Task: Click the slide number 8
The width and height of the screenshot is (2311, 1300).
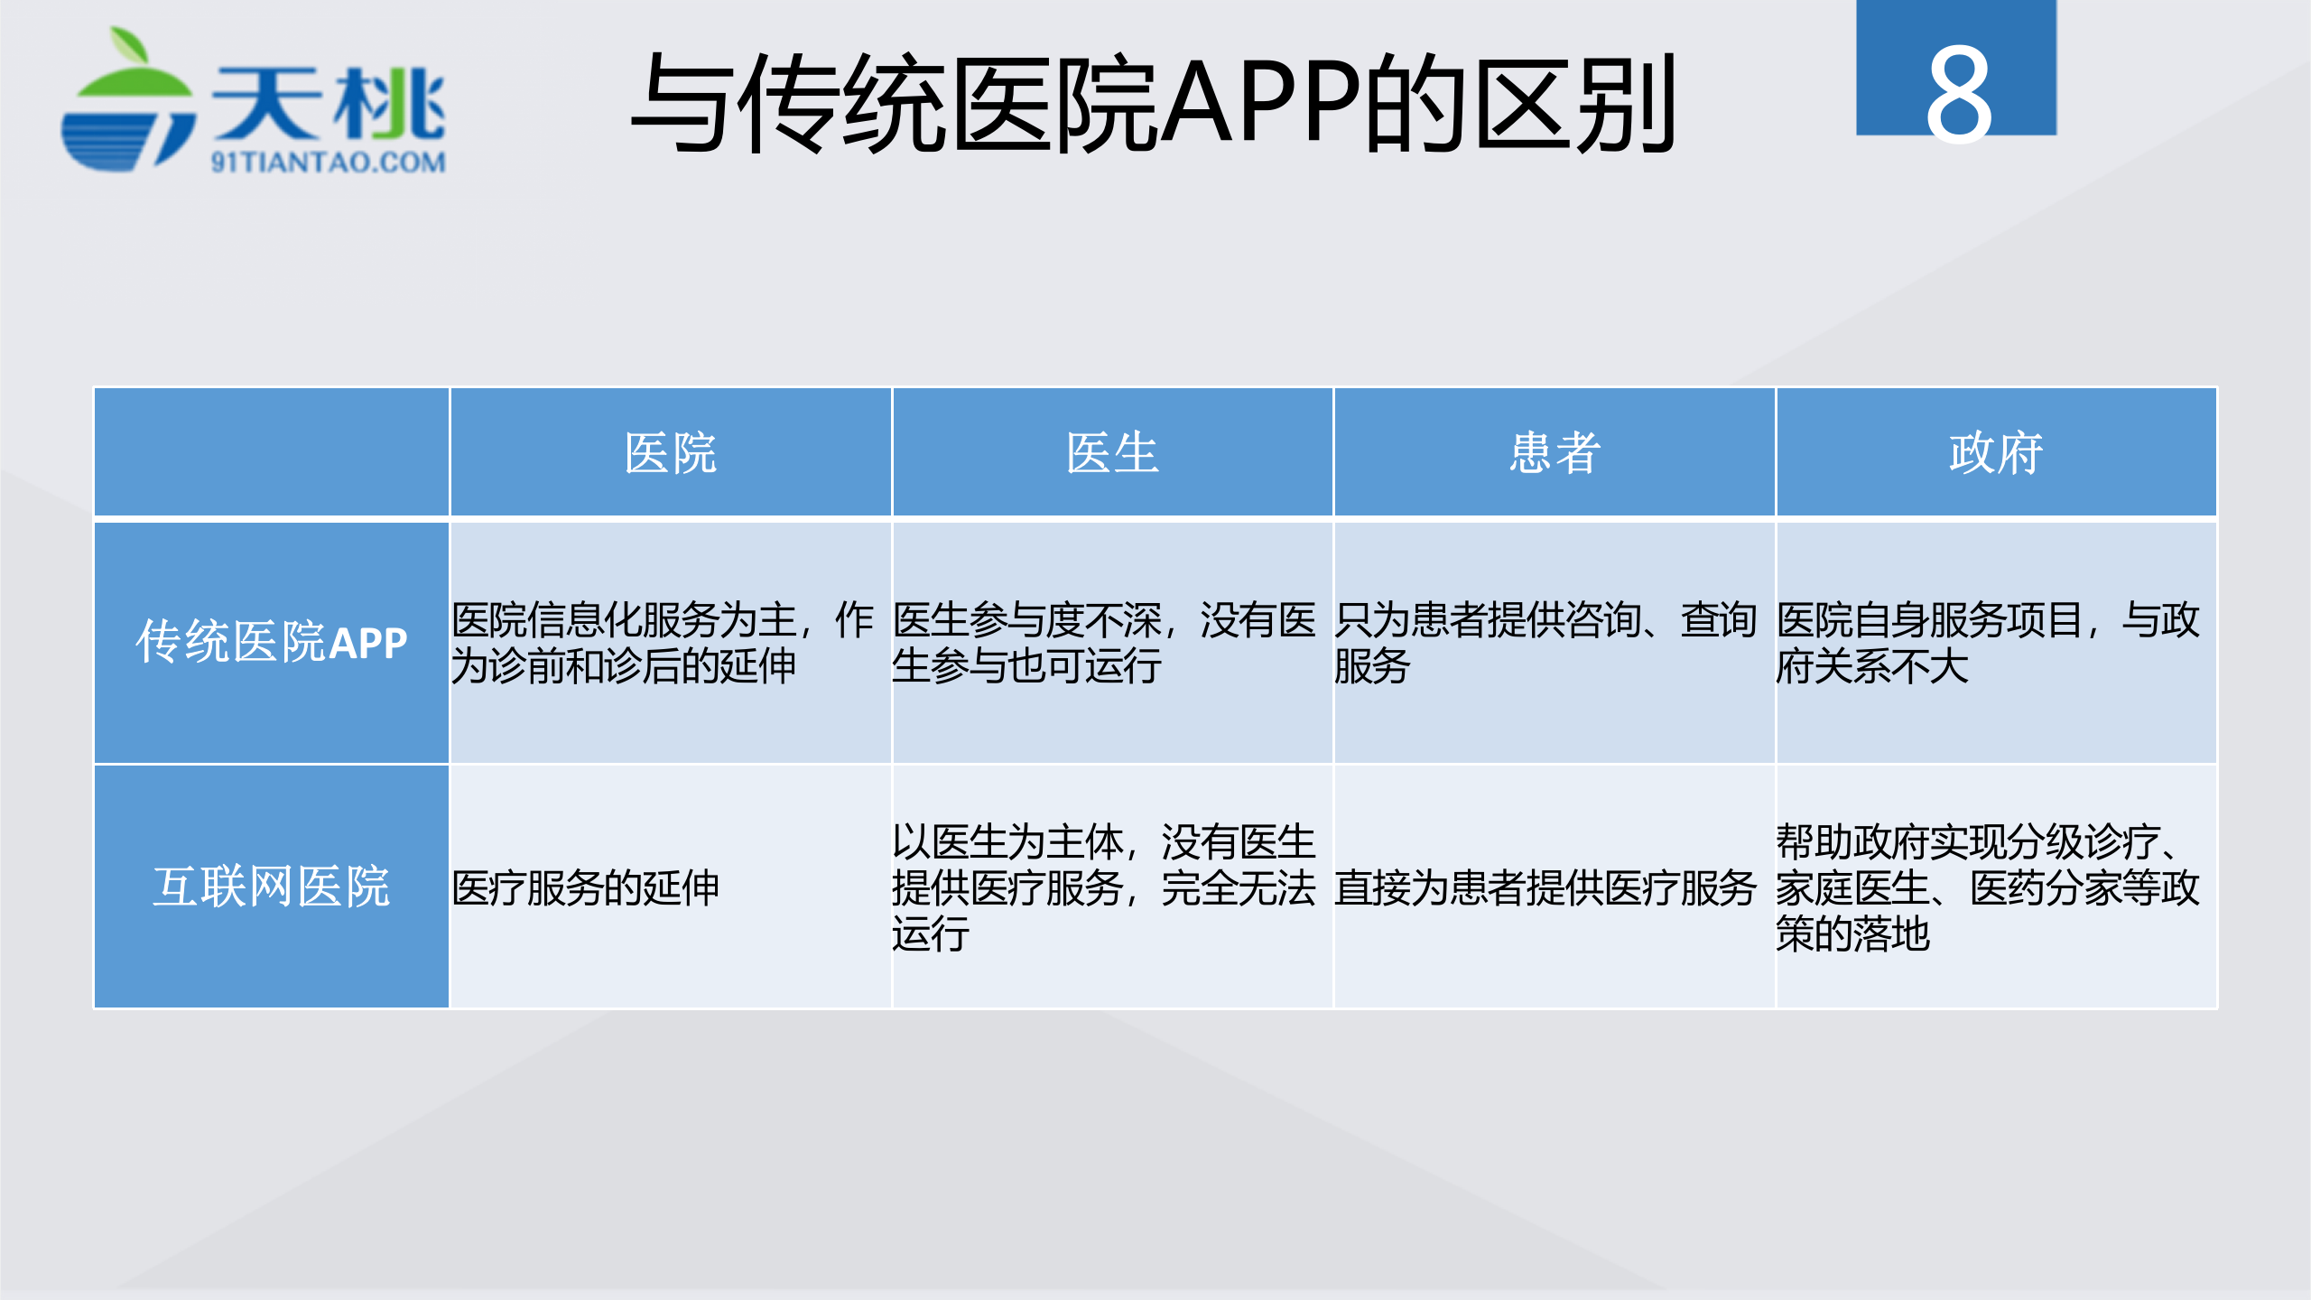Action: tap(1957, 95)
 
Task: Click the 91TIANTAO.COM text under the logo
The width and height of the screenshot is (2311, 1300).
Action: tap(329, 162)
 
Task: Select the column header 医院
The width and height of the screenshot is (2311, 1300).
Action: tap(670, 452)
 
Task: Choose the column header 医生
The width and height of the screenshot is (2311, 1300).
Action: tap(1111, 452)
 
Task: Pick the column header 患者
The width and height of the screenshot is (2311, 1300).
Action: tap(1554, 452)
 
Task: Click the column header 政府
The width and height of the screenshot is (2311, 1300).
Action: tap(1995, 452)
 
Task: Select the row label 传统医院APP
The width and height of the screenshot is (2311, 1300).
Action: tap(272, 643)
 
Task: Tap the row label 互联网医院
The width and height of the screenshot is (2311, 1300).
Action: tap(272, 887)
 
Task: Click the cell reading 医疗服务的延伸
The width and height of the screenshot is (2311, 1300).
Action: tap(585, 888)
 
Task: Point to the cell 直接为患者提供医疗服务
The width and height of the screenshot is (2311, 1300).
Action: tap(1545, 888)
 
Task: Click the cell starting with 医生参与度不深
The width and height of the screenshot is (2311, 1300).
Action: tap(1103, 643)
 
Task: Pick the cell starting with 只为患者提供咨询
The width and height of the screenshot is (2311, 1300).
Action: tap(1545, 643)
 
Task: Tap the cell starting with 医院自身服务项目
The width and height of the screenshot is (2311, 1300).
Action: tap(1987, 643)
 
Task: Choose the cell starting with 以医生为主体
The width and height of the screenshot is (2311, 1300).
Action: tap(1103, 888)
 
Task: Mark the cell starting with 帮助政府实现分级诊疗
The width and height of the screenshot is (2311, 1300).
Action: tap(1987, 888)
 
